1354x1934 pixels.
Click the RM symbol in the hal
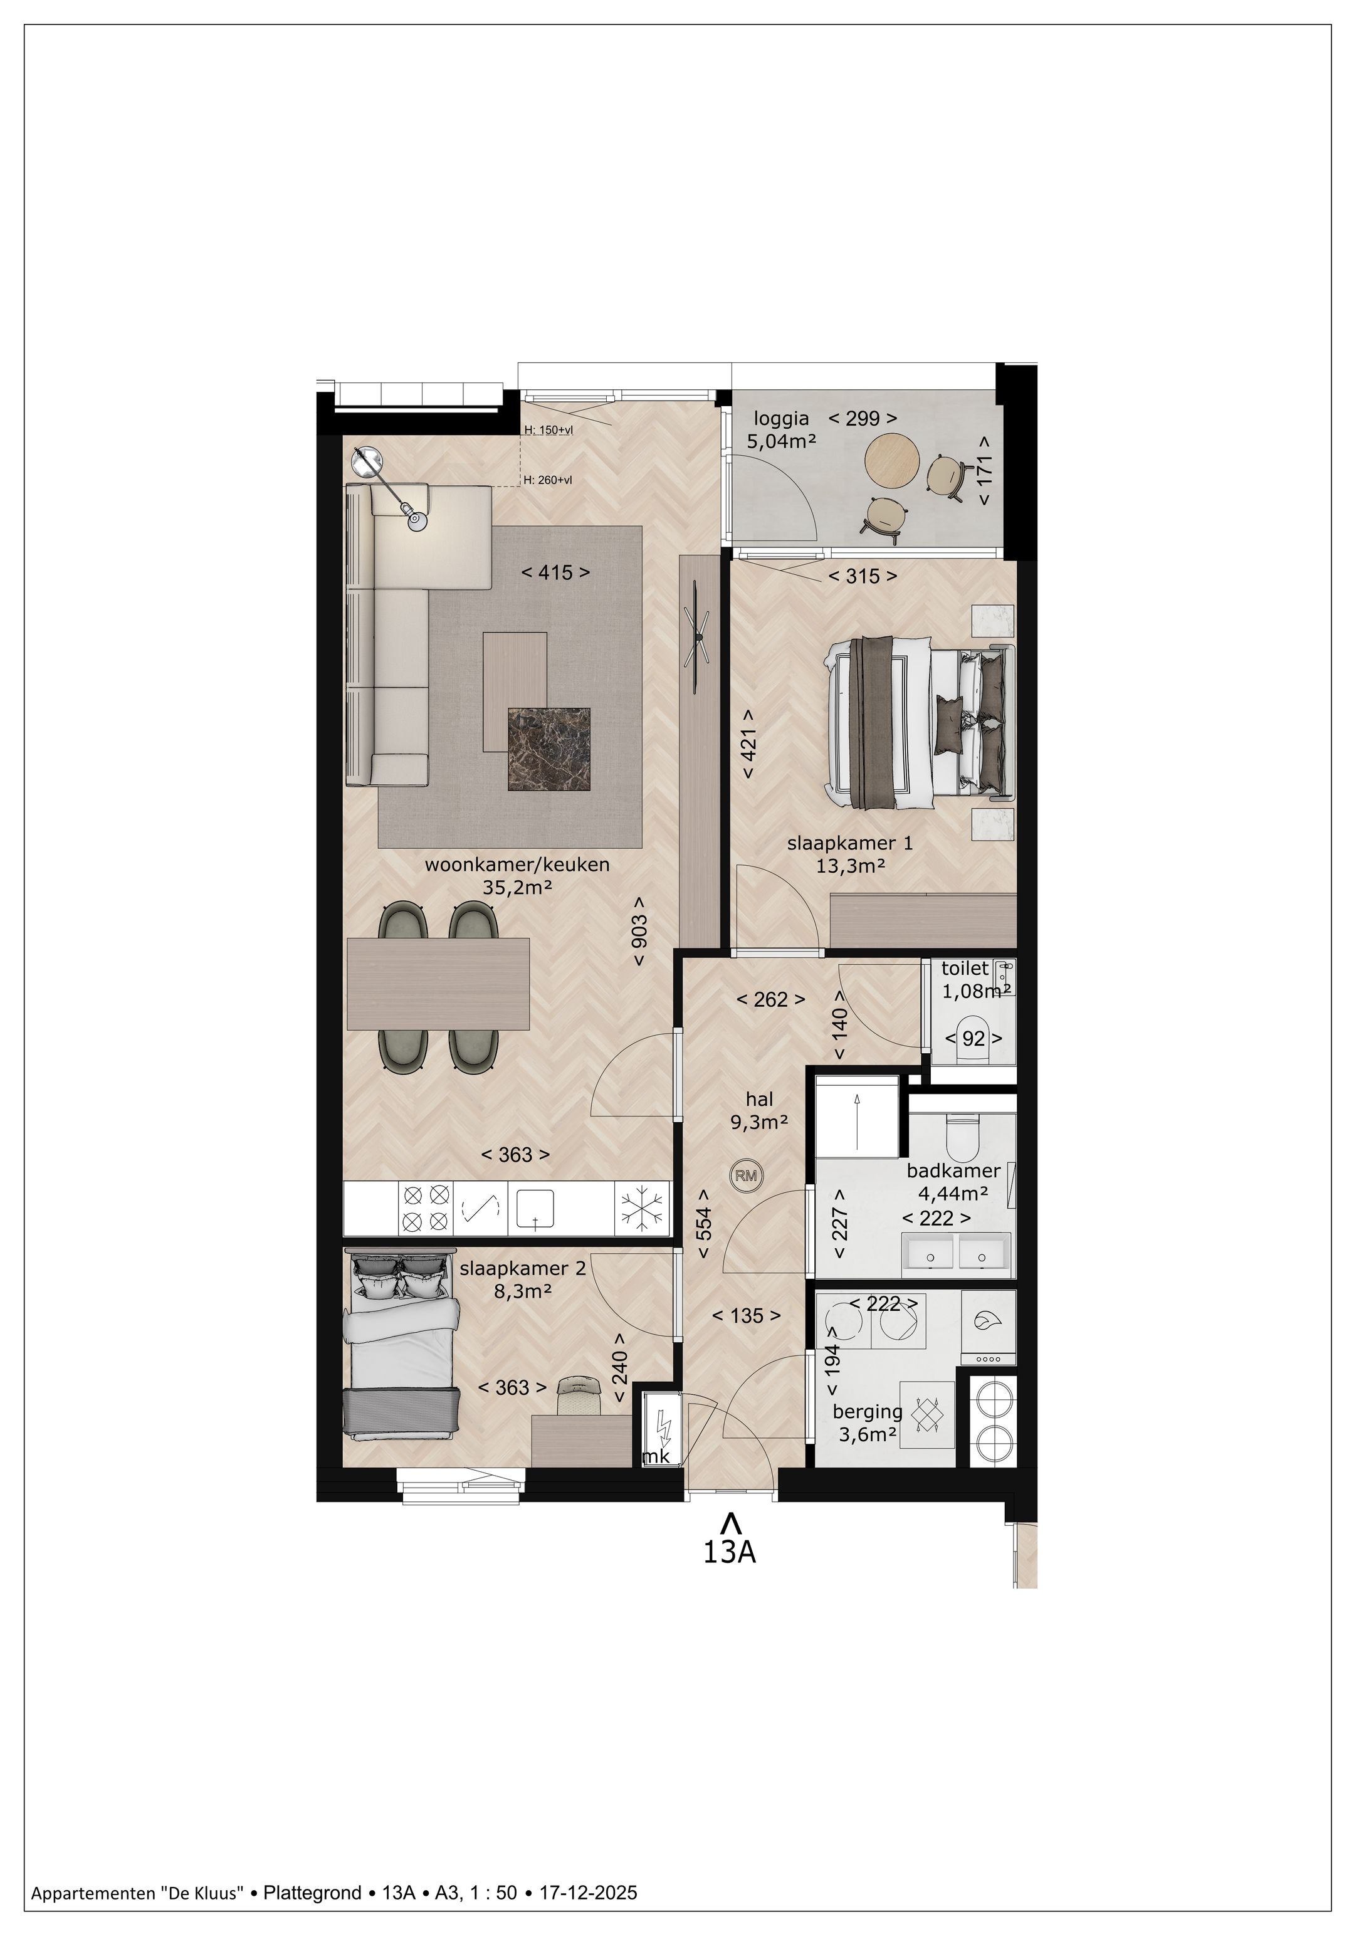coord(746,1175)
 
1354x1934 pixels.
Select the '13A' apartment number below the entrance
coord(729,1552)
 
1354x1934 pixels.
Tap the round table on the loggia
coord(890,458)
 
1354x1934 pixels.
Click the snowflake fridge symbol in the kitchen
coord(643,1209)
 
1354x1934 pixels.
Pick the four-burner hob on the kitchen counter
coord(424,1209)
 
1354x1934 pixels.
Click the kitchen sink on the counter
coord(535,1208)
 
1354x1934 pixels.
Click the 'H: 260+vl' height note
coord(547,480)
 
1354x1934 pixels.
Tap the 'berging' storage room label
coord(868,1411)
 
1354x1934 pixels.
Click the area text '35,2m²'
coord(517,886)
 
